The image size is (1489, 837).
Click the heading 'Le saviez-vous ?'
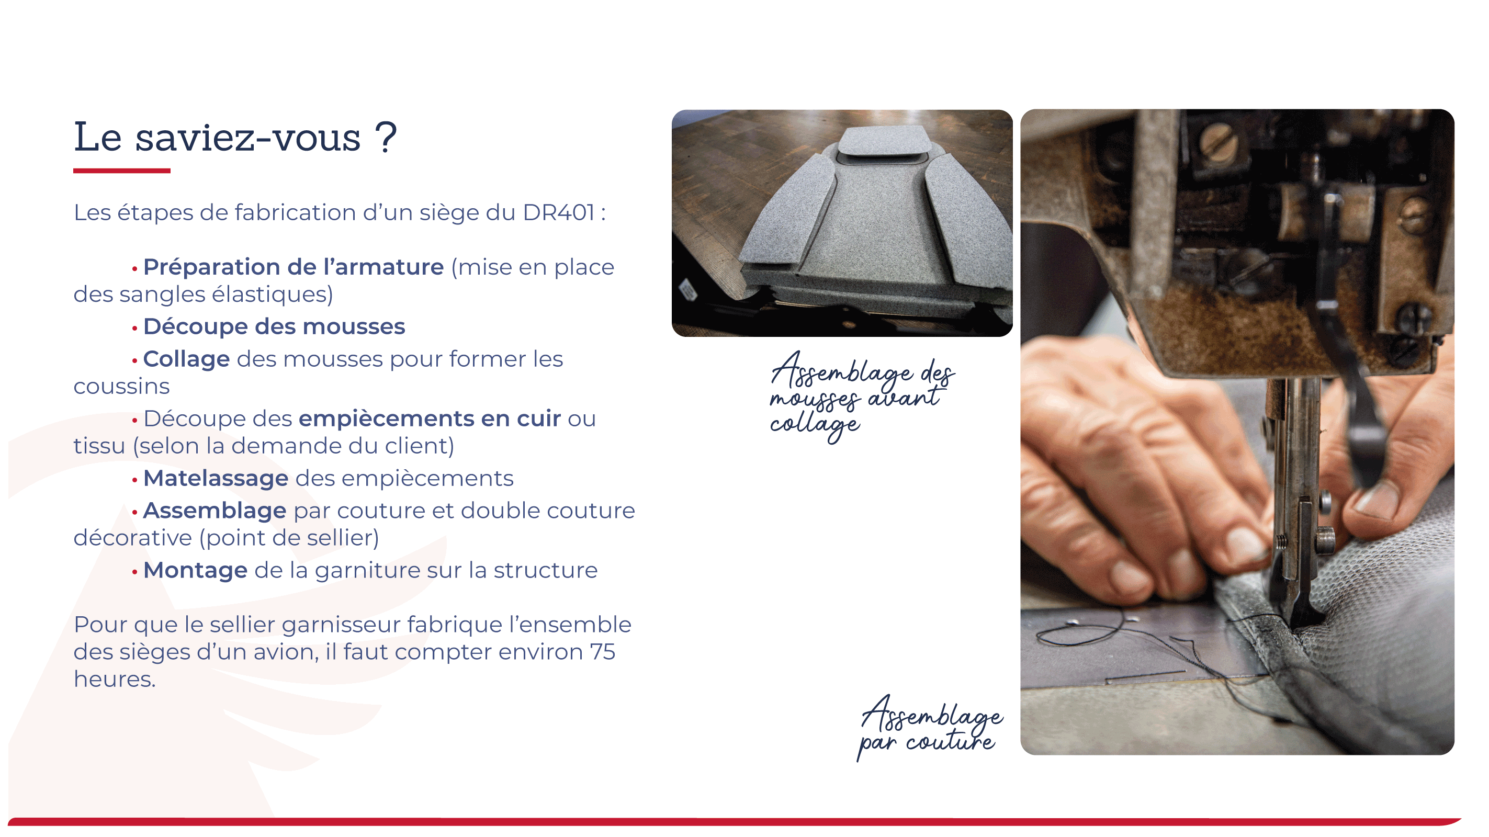point(235,138)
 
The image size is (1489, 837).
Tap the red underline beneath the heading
point(122,171)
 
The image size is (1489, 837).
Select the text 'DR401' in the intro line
point(558,212)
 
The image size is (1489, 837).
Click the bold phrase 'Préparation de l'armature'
point(293,267)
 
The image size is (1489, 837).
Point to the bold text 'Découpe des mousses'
point(274,326)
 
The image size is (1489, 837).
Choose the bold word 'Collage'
point(186,359)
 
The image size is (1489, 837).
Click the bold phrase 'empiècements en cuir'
point(430,418)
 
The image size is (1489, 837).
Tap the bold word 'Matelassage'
point(216,478)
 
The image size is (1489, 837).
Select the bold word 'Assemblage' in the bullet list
point(215,511)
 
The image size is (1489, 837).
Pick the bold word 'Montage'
point(195,571)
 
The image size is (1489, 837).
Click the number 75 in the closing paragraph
point(602,652)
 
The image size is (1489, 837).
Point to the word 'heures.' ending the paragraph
point(115,679)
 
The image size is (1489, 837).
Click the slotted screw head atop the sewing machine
point(1218,143)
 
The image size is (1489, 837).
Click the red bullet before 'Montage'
point(134,572)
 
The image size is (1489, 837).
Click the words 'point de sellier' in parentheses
point(289,538)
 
